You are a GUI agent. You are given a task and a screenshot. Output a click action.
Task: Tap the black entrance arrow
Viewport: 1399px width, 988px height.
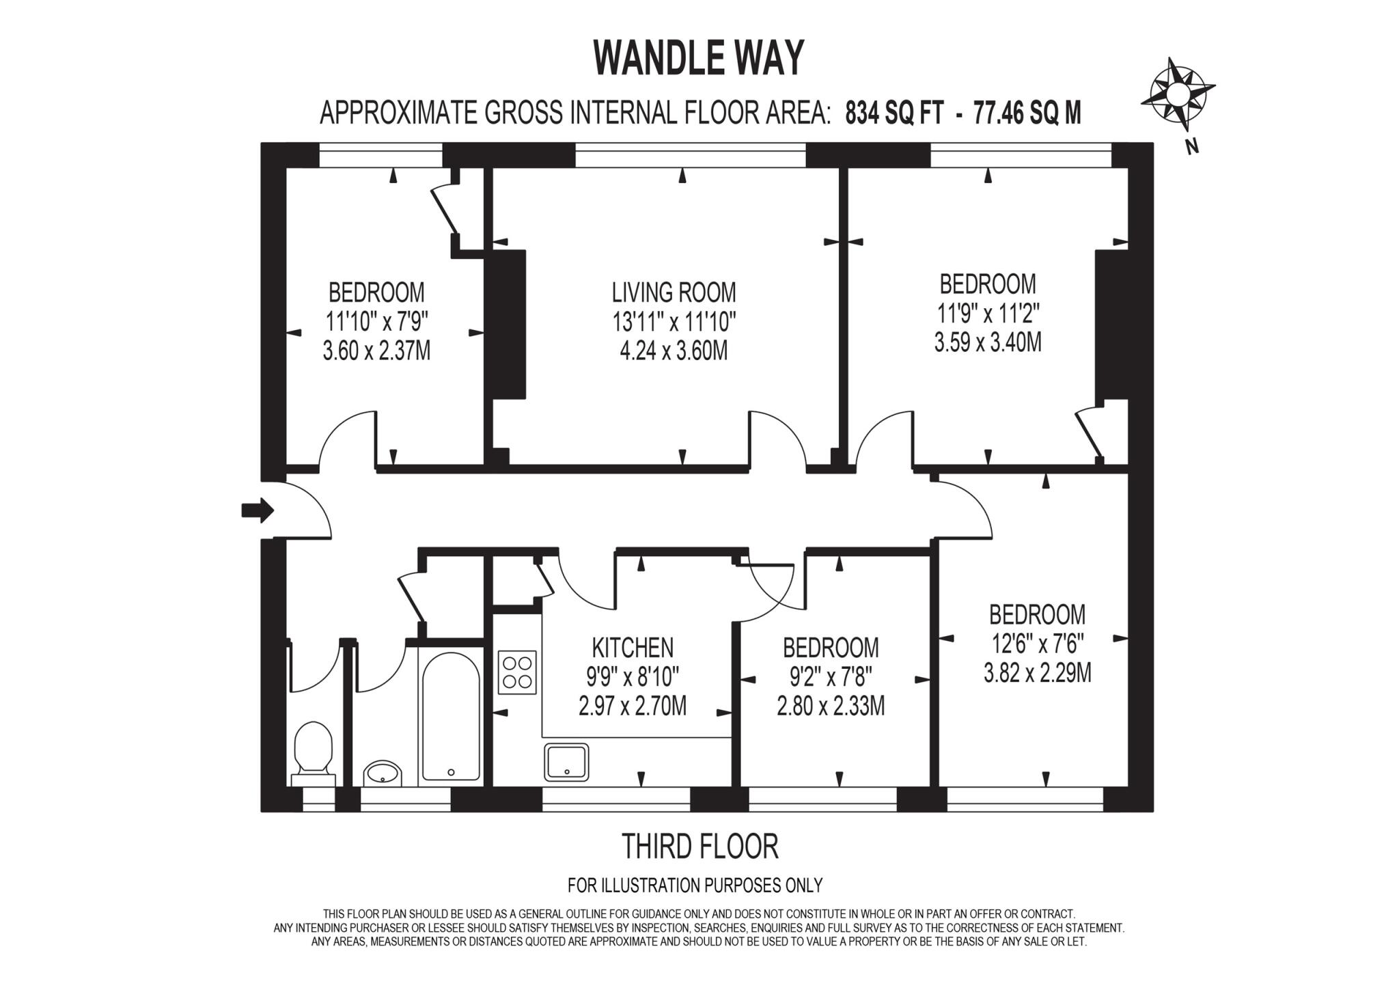(x=258, y=510)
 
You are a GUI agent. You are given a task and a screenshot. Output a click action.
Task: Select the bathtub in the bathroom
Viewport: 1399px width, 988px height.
(x=450, y=716)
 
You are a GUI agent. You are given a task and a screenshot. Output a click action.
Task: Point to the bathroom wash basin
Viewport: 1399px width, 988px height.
(x=383, y=773)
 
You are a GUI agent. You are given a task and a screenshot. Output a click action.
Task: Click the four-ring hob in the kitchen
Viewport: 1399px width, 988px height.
(x=518, y=672)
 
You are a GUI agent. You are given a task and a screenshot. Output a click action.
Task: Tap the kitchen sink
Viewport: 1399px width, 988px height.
(x=566, y=762)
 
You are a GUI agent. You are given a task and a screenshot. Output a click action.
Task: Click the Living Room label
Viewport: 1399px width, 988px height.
(x=674, y=292)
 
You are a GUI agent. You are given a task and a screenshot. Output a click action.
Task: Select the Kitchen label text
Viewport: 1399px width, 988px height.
(x=632, y=647)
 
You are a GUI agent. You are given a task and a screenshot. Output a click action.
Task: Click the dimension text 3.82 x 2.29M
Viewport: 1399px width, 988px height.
(x=1037, y=674)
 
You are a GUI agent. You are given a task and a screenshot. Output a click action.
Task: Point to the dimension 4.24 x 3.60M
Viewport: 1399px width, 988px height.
(x=674, y=351)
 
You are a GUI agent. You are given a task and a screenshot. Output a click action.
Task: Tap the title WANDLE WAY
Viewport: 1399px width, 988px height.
(x=699, y=57)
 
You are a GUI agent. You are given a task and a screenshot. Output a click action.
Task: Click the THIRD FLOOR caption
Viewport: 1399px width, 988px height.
(x=699, y=847)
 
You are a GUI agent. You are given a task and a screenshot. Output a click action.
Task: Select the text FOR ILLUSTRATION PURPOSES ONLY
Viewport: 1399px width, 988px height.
(x=695, y=886)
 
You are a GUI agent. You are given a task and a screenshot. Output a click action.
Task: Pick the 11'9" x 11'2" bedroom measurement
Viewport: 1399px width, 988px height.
(x=988, y=314)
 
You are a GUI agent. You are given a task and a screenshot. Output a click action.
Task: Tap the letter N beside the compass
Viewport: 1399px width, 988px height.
(x=1192, y=146)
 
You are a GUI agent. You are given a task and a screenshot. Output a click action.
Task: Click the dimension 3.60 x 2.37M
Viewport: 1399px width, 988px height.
(x=376, y=351)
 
